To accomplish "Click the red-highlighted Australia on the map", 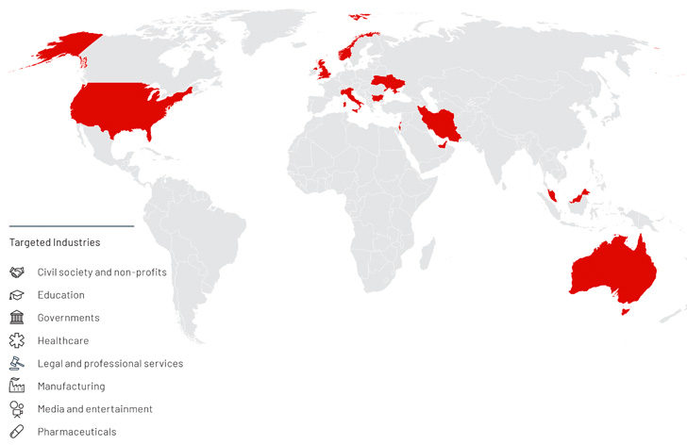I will coord(612,269).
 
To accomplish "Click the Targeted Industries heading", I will coord(54,242).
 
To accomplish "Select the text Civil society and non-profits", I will coord(102,272).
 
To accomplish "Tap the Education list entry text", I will coord(60,295).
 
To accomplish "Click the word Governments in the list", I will coord(68,318).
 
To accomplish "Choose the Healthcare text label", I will coord(63,340).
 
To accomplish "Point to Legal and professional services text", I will coord(109,363).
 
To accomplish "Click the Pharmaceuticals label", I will coord(76,432).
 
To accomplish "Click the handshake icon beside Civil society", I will coord(17,272).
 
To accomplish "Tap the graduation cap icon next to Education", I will coord(17,295).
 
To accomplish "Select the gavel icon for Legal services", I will coord(17,363).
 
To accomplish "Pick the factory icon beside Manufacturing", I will coord(17,386).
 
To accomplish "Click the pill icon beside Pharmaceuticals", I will coord(17,432).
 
